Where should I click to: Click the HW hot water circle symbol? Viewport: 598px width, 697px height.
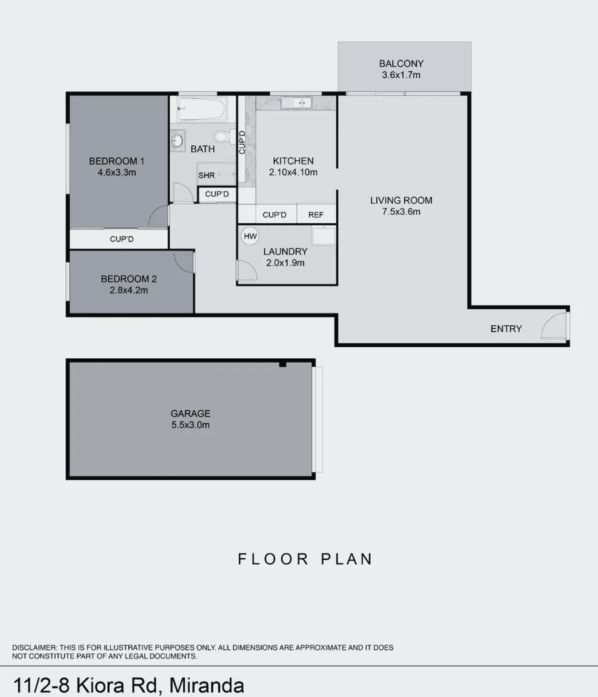250,236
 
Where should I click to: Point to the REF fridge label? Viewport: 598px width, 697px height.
316,215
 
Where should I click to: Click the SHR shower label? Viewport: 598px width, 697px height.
207,176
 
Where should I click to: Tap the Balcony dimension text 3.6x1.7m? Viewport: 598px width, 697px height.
401,75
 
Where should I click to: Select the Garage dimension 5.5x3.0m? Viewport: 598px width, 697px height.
190,425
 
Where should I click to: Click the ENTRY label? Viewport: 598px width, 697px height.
506,328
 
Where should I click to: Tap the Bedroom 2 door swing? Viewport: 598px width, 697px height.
184,261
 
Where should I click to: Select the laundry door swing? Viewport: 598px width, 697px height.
247,271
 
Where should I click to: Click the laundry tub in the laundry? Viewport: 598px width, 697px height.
323,236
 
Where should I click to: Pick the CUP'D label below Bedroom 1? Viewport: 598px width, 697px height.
121,239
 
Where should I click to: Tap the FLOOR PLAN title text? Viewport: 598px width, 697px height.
305,559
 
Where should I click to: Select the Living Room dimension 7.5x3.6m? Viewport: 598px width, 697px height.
401,211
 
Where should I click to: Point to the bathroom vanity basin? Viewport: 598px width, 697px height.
178,139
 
